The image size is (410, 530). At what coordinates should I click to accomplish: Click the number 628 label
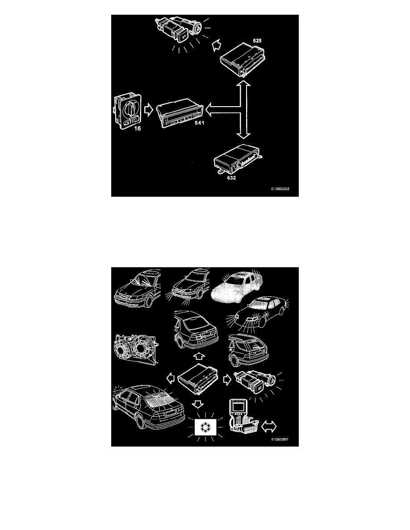pos(257,41)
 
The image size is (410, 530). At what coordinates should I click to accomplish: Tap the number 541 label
pos(200,123)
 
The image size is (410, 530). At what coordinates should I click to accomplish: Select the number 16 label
pos(138,128)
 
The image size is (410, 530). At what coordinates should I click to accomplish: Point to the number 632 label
pos(231,178)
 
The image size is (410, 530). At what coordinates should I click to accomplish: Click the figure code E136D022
pos(280,189)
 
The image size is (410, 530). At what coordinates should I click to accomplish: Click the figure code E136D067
pos(280,439)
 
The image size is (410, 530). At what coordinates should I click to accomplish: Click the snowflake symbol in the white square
pos(204,427)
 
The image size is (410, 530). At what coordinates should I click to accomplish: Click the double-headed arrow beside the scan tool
pos(269,426)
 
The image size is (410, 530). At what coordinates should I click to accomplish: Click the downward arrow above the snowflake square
pos(197,403)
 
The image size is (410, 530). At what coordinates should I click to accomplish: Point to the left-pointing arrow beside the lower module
pos(171,378)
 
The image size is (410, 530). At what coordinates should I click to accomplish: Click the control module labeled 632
pos(239,161)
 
